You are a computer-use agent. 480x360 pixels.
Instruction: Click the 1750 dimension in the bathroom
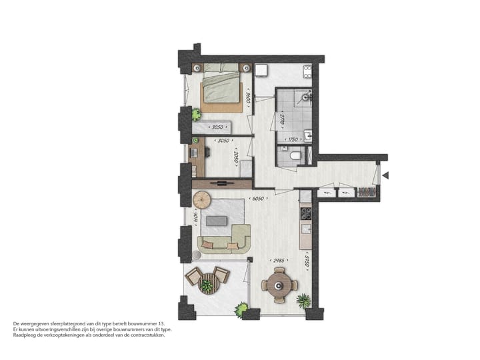(291, 140)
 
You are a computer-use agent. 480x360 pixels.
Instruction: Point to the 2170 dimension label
(283, 120)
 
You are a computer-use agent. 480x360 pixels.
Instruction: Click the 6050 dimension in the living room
(257, 198)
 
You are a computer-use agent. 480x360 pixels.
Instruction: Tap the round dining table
(279, 285)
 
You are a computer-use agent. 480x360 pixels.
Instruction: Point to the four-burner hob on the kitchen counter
(306, 214)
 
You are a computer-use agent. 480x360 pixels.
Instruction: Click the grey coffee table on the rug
(216, 221)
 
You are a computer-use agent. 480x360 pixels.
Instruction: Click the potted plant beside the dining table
(304, 301)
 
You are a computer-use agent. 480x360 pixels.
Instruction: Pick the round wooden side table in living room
(201, 199)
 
